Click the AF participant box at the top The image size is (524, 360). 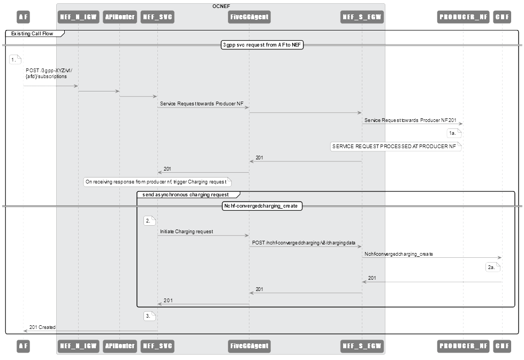point(23,17)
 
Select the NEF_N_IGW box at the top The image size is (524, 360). point(78,17)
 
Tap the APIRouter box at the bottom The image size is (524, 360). point(119,346)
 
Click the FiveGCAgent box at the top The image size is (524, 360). point(248,17)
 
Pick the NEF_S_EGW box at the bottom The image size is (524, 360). point(362,346)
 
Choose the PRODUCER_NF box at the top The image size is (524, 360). point(462,17)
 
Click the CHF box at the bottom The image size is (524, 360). point(502,346)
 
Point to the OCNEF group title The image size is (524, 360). point(221,6)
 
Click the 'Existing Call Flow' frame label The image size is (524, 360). point(33,34)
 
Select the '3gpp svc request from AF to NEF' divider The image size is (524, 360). point(262,45)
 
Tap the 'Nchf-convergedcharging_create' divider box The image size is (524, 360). point(262,206)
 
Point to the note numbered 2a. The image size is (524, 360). point(492,267)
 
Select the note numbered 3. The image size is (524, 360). point(149,316)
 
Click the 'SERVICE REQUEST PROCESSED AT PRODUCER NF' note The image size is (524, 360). point(395,146)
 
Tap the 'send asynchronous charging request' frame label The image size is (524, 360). point(186,195)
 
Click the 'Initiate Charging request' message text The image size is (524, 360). point(186,232)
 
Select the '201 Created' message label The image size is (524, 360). point(42,327)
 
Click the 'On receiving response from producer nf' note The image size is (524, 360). point(156,182)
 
